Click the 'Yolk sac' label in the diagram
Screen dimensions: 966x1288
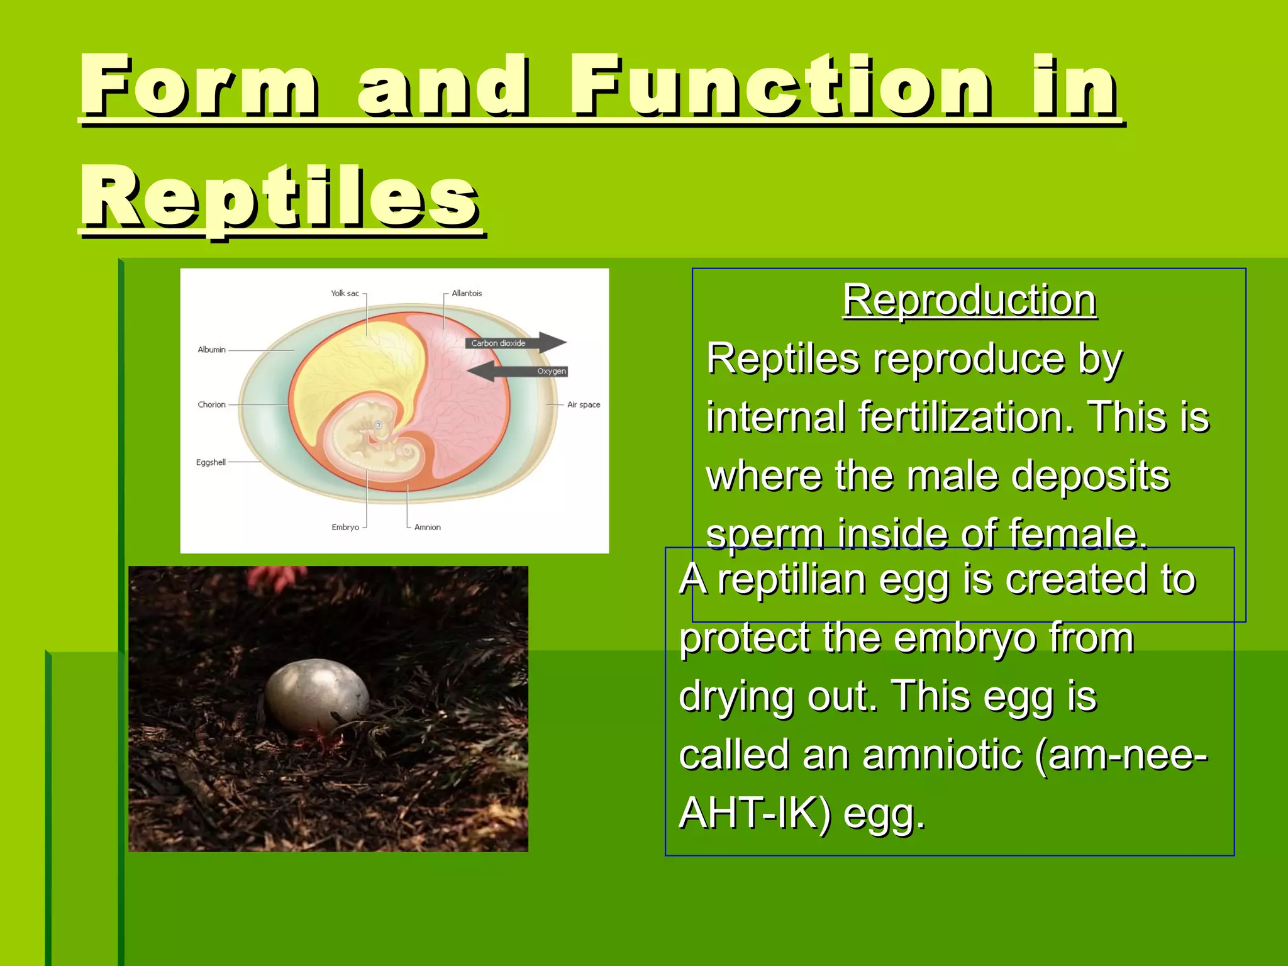point(345,294)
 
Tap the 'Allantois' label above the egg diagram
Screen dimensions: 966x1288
point(467,294)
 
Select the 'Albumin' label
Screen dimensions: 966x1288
point(211,350)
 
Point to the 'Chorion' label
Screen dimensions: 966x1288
point(211,405)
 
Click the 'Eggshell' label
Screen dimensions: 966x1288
point(211,462)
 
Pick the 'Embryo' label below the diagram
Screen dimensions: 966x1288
point(345,528)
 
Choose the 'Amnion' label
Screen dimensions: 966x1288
point(428,528)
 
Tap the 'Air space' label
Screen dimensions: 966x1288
point(584,405)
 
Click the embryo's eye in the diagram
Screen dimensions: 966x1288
point(378,425)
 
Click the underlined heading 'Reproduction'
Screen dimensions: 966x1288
point(970,300)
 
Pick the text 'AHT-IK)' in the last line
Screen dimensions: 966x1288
point(755,813)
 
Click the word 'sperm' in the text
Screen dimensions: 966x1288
point(764,534)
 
